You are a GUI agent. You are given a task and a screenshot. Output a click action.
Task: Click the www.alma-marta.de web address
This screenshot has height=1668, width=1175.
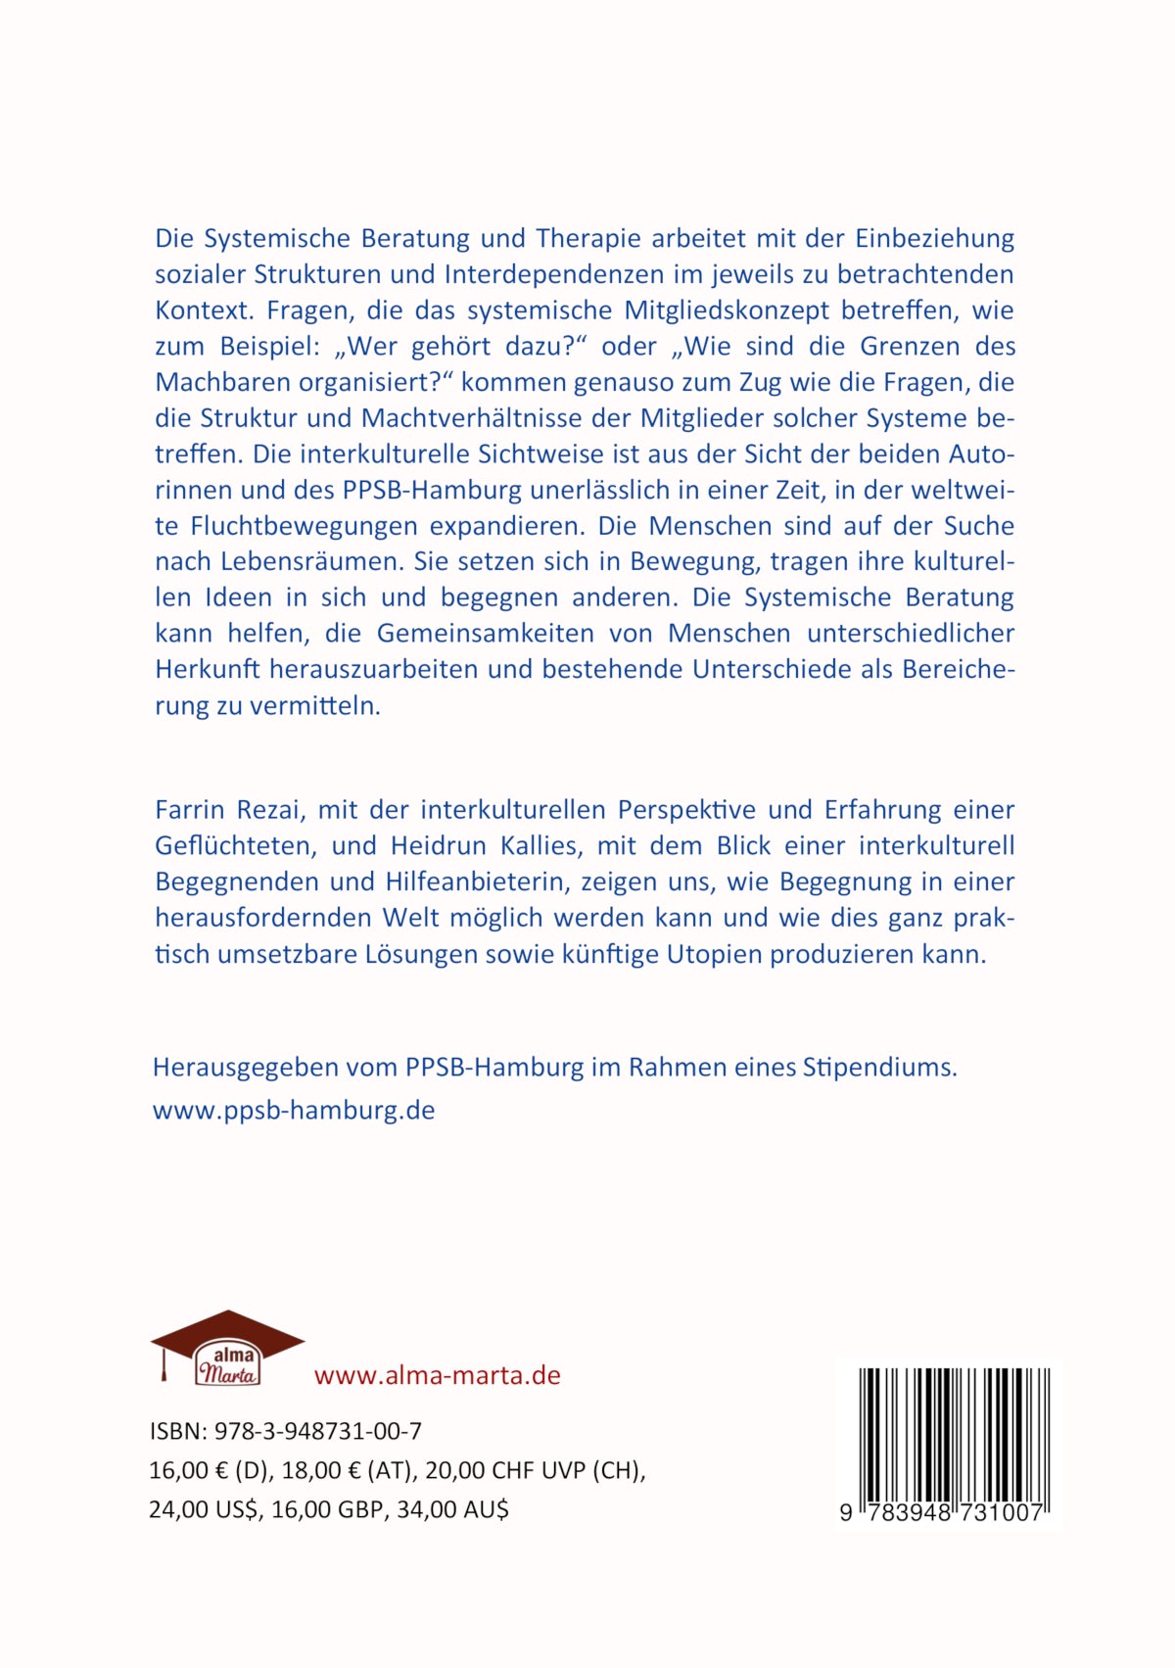click(437, 1375)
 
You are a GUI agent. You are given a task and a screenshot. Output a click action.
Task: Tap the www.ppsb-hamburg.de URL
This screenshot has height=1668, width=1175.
click(294, 1111)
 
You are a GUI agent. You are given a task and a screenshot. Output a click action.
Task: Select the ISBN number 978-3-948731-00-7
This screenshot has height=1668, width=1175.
click(317, 1431)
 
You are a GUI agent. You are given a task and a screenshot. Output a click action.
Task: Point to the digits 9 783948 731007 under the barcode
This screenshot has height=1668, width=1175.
click(941, 1512)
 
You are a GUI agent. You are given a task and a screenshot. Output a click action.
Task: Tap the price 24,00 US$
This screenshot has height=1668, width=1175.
click(204, 1509)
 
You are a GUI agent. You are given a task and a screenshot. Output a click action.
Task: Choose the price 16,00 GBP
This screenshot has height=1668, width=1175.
click(327, 1509)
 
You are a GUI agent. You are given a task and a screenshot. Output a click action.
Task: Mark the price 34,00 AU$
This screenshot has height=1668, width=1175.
click(452, 1509)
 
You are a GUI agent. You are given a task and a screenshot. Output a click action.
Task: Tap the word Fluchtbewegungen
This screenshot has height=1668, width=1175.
click(304, 526)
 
